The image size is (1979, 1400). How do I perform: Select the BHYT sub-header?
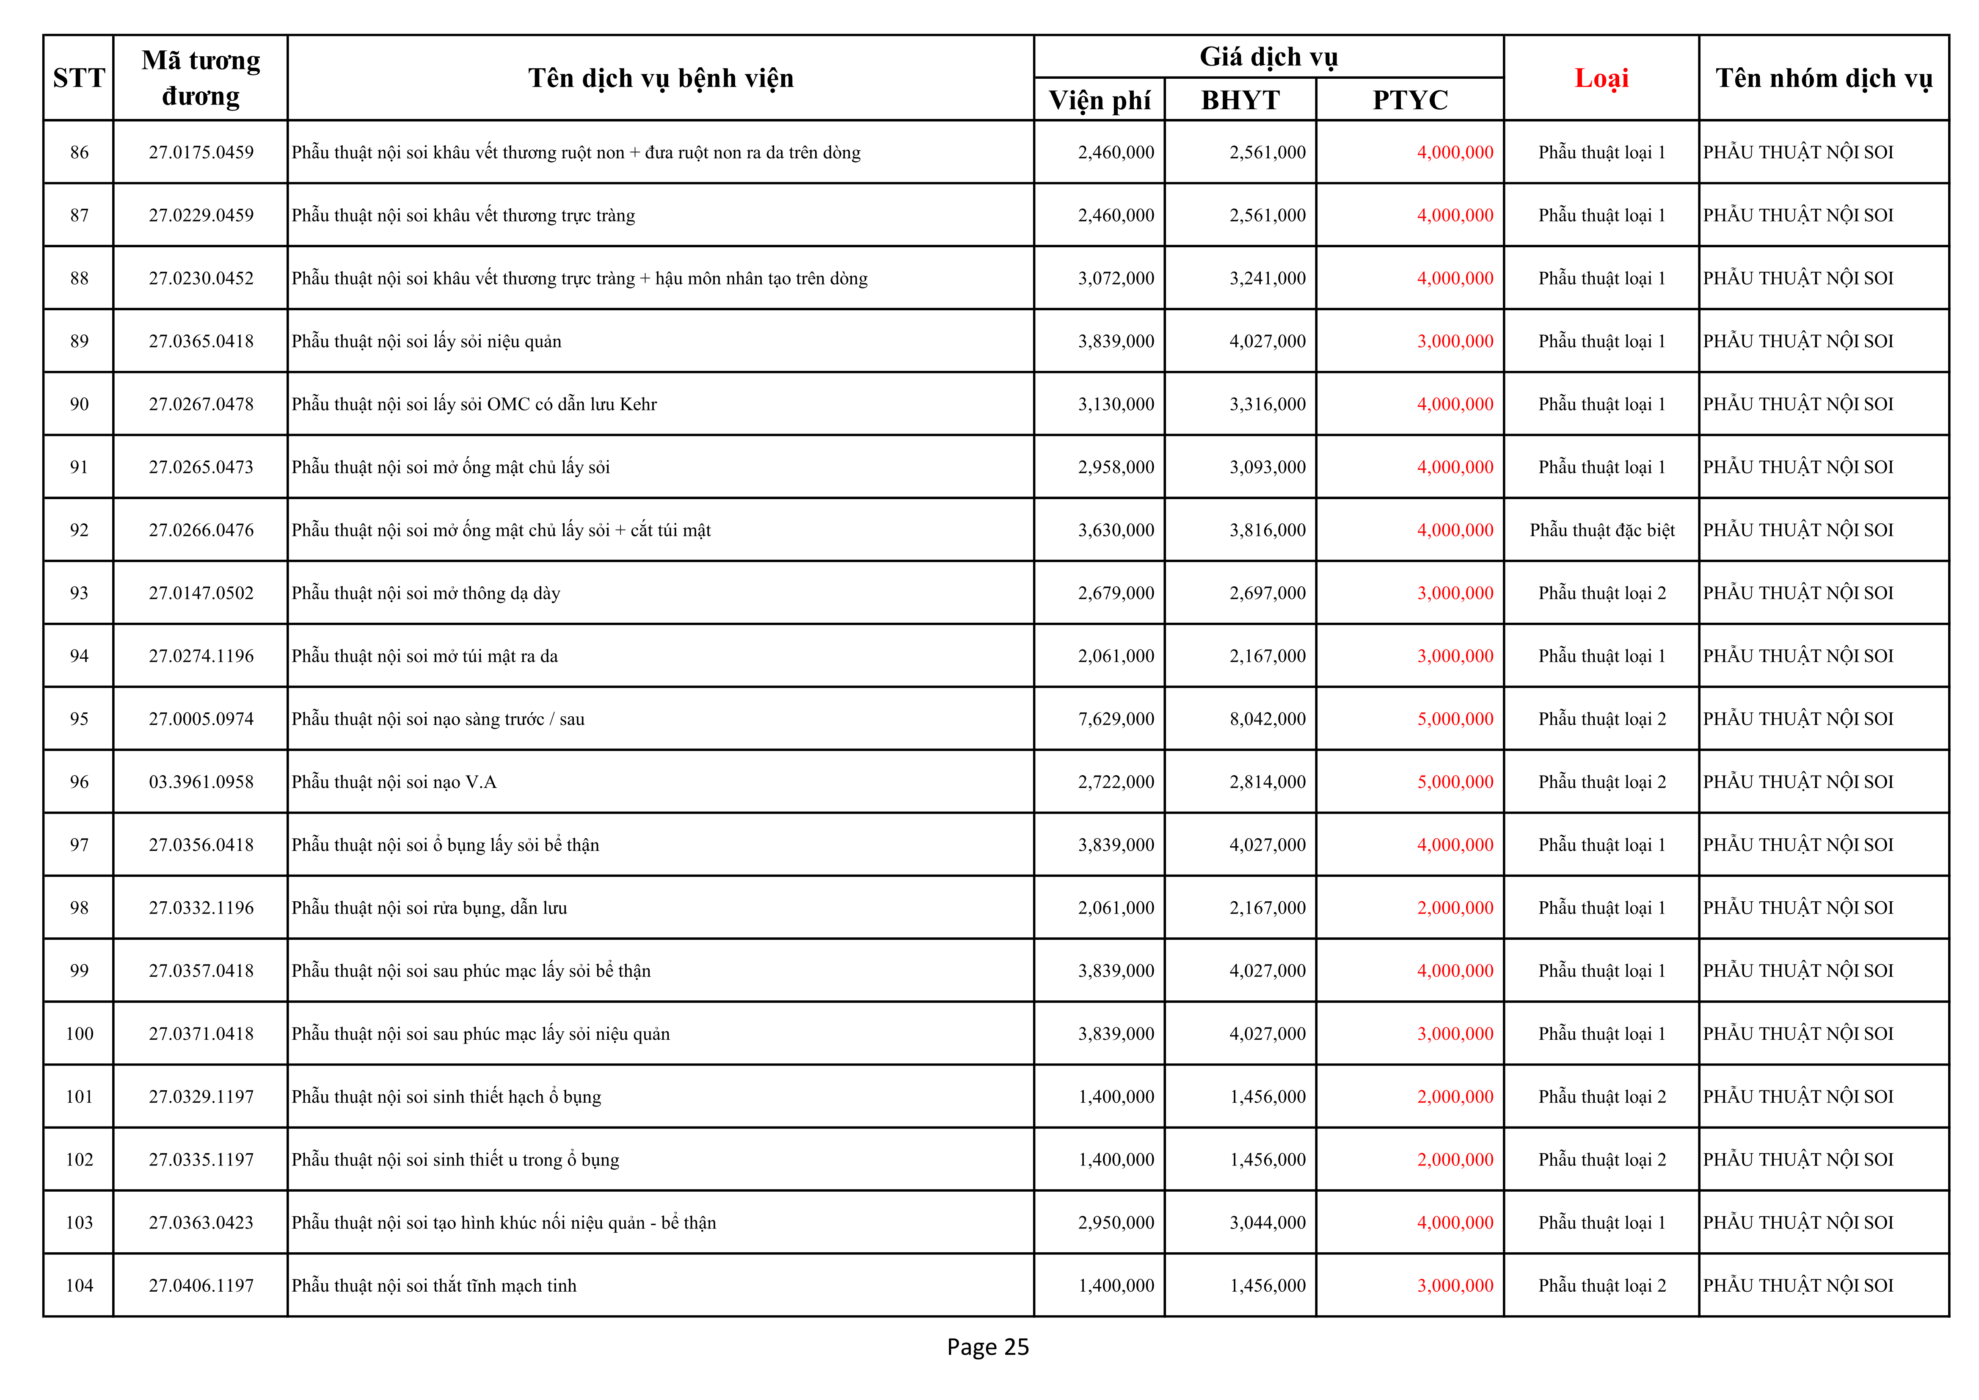click(1240, 100)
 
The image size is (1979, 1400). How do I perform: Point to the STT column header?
click(78, 78)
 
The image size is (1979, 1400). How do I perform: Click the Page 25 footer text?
click(988, 1347)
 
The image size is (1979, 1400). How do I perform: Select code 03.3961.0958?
click(201, 782)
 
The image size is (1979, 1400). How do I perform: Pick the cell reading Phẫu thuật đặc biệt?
click(1601, 530)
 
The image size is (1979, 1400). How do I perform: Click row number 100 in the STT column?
click(79, 1034)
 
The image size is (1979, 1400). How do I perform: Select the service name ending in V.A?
click(394, 782)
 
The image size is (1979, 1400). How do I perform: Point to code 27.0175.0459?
click(201, 152)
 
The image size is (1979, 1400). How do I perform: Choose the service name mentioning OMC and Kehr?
click(474, 404)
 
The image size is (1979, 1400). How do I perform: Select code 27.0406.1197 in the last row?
click(201, 1285)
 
